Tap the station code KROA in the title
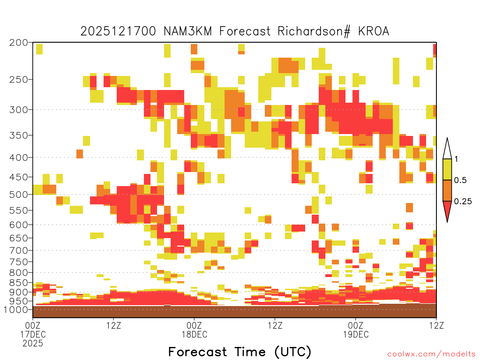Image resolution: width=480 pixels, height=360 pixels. tap(374, 31)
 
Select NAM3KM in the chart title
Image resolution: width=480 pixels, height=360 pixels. tap(187, 31)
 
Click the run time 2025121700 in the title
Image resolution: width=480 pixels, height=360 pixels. tap(118, 31)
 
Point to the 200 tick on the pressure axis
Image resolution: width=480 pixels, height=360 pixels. tap(19, 43)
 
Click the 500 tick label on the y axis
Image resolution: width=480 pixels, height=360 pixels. tap(19, 195)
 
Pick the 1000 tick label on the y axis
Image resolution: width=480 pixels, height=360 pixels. tap(15, 309)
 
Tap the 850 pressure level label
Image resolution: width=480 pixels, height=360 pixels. tap(19, 283)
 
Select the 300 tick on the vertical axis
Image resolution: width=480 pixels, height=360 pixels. tap(19, 110)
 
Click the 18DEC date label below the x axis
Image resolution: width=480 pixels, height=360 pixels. tap(195, 334)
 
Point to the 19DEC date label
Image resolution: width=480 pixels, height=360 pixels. tap(356, 334)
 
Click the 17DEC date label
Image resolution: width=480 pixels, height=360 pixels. tap(33, 334)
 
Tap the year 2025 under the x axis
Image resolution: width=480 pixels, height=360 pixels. tap(33, 344)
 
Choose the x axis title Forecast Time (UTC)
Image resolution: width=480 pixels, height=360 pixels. tap(240, 352)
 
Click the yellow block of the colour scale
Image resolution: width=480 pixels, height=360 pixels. tap(447, 169)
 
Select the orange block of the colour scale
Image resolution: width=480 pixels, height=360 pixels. tap(447, 190)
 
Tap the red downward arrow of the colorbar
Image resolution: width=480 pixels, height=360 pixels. tap(447, 210)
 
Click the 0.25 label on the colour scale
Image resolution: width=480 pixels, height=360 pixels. tap(463, 202)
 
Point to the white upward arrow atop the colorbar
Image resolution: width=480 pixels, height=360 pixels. tap(447, 149)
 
